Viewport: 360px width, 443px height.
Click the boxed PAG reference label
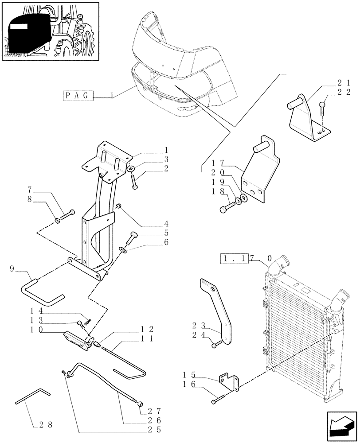pyautogui.click(x=78, y=96)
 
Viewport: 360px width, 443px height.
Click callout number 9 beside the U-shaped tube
pyautogui.click(x=12, y=268)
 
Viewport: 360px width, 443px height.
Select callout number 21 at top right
pyautogui.click(x=344, y=83)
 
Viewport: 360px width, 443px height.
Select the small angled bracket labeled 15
pyautogui.click(x=229, y=382)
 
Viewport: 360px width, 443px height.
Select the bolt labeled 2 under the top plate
pyautogui.click(x=134, y=182)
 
